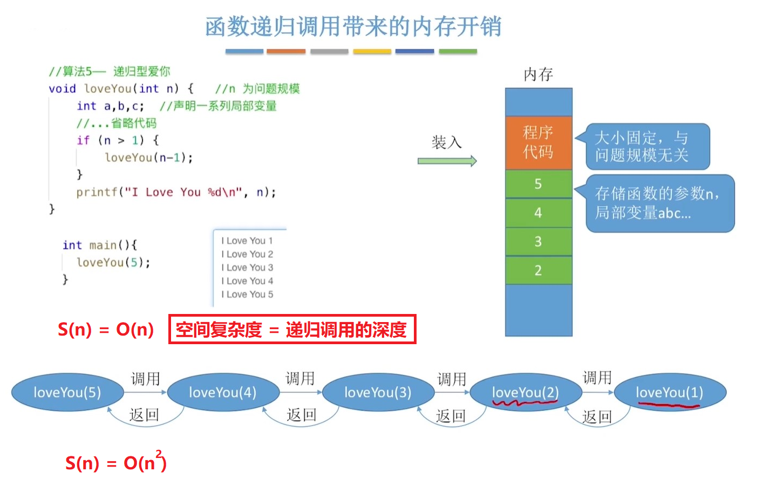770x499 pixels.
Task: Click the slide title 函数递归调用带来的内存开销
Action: (353, 27)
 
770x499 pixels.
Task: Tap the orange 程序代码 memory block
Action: (538, 142)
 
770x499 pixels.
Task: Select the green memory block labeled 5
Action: (538, 184)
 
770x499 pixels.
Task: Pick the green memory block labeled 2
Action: (538, 270)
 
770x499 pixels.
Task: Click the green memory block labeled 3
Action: (538, 241)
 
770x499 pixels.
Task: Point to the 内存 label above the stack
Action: (538, 74)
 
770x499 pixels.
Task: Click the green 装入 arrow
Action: (447, 161)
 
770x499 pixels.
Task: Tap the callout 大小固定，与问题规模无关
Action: (647, 146)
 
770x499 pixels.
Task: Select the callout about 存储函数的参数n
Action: (659, 203)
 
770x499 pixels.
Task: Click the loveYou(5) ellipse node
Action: (67, 392)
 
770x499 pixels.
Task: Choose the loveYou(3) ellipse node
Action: (378, 392)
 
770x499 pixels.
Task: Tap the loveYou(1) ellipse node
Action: (670, 392)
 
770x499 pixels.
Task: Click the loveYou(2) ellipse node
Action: (526, 392)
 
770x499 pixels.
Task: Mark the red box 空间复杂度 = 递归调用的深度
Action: (292, 329)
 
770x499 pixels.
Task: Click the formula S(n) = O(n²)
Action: (116, 462)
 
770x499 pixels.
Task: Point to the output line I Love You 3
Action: (247, 268)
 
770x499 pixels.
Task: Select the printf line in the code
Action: (176, 192)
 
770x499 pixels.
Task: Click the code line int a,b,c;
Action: (111, 106)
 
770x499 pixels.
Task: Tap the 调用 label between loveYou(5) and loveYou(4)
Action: (146, 379)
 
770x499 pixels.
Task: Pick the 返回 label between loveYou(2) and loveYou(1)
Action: (597, 416)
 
